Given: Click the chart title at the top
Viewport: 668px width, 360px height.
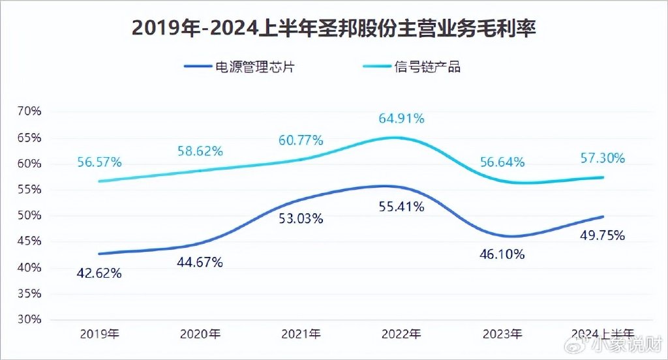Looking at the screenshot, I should pos(333,29).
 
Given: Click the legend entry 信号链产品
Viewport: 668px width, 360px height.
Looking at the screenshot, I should pos(427,67).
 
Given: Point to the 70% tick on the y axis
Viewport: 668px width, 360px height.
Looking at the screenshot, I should pos(29,112).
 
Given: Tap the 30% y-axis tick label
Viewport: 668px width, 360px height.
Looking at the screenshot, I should pos(29,320).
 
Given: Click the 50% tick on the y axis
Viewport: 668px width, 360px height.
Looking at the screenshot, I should pos(29,216).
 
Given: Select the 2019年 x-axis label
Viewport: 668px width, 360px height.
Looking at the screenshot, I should pos(99,335).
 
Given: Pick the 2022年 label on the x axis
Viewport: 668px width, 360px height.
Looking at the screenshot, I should pos(401,335).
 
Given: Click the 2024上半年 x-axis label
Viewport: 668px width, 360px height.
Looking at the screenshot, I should pos(602,335).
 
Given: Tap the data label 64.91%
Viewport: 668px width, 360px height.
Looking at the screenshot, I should pos(401,119).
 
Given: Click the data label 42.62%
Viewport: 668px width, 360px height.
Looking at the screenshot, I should pos(99,274).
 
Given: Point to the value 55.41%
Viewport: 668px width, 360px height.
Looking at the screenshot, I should pos(401,207).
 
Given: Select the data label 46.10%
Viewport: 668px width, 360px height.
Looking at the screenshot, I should pos(502,255).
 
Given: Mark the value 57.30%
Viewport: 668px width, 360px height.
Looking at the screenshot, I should pos(602,158).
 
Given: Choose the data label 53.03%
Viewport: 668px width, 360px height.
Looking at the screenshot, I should pos(301,218).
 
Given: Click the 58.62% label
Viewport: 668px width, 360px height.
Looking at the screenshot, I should pos(200,151).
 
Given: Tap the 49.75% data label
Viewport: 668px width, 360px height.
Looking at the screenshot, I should pos(602,235).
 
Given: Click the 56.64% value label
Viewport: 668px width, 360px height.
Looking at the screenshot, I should pos(502,162).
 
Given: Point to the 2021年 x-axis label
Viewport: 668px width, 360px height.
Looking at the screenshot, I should pos(301,335).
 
